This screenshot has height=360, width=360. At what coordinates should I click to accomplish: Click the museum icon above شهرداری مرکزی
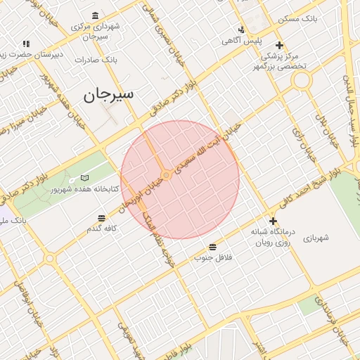95,16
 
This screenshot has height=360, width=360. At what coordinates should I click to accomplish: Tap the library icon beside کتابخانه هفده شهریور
85,179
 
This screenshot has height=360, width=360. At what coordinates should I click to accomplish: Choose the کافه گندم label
101,229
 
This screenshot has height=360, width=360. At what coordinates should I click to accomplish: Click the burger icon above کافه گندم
101,218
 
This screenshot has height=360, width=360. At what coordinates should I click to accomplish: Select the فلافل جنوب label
213,257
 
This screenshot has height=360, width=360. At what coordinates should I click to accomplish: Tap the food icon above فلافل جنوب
212,247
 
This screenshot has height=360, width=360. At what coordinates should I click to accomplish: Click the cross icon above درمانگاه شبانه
273,221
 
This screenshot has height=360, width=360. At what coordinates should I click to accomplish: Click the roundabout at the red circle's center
166,174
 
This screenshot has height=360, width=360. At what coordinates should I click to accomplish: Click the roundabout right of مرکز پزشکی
302,80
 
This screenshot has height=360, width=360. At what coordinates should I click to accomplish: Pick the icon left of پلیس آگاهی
241,30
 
